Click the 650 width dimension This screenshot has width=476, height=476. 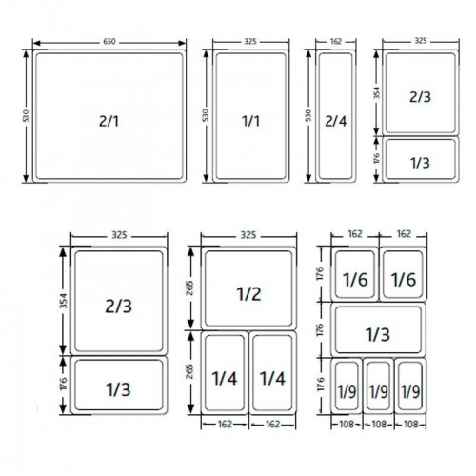pos(109,42)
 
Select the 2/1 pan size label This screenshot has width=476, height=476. pos(109,121)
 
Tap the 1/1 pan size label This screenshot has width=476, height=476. pos(250,121)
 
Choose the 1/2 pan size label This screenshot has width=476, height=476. pos(248,293)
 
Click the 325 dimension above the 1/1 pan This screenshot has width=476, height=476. pos(250,42)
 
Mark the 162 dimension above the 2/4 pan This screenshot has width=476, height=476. pos(336,42)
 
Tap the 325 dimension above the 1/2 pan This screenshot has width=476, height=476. pos(248,234)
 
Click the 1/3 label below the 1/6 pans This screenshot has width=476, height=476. pos(378,334)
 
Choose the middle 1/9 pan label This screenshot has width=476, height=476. pos(378,390)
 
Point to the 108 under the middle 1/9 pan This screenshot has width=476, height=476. pos(378,425)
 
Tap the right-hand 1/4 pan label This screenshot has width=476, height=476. pos(272,378)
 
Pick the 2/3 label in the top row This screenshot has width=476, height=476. pos(420,96)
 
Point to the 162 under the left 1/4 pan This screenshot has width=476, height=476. pos(225,425)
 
